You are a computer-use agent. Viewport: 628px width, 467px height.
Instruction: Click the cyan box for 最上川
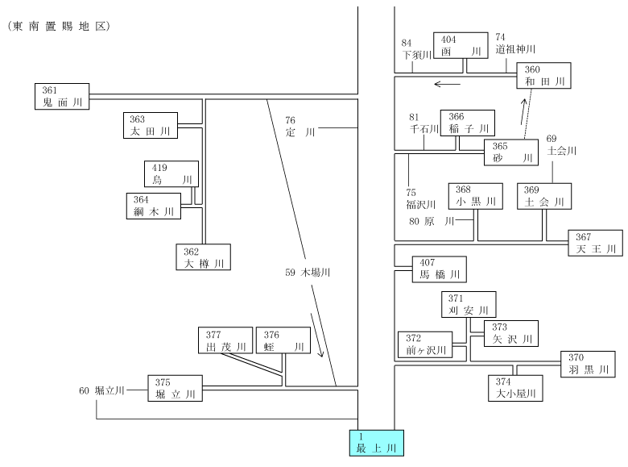click(x=377, y=443)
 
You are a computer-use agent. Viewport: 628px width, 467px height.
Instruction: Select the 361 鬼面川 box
click(x=62, y=96)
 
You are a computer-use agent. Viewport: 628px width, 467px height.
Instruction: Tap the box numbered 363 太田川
click(x=151, y=125)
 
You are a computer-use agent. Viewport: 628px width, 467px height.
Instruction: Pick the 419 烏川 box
click(x=171, y=173)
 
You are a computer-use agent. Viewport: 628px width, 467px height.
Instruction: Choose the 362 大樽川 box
click(x=204, y=257)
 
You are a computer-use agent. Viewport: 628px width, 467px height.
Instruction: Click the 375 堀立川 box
click(x=175, y=389)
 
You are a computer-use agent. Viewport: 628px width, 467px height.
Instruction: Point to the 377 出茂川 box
click(x=225, y=340)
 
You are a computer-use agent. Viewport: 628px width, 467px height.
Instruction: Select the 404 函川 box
click(x=461, y=45)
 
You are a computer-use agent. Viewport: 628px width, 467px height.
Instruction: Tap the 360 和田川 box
click(x=543, y=76)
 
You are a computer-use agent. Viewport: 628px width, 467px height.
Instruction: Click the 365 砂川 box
click(x=511, y=152)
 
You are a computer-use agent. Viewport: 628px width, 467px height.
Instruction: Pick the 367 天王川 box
click(x=596, y=243)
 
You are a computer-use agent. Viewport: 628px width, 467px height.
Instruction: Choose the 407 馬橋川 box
click(x=440, y=269)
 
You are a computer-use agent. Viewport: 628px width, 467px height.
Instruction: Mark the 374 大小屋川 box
click(x=515, y=388)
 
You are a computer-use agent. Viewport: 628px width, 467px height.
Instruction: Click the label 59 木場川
click(x=308, y=273)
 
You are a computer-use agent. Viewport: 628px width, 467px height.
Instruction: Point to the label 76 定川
click(x=300, y=127)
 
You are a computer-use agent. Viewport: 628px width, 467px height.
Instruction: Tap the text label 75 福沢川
click(x=420, y=199)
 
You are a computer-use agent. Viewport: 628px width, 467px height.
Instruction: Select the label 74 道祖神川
click(x=515, y=44)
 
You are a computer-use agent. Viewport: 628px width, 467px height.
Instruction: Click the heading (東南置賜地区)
click(x=59, y=27)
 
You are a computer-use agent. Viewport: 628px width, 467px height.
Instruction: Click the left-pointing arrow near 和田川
click(x=448, y=84)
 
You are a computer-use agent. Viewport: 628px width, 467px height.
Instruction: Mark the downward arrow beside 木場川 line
click(x=316, y=336)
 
